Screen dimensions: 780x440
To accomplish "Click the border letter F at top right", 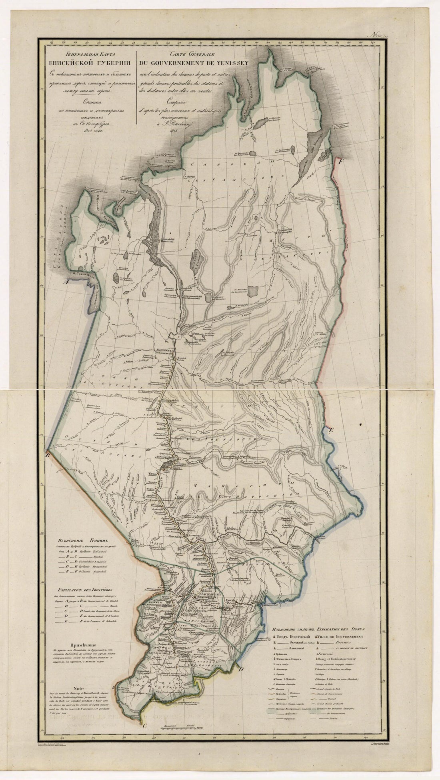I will pos(340,162).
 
